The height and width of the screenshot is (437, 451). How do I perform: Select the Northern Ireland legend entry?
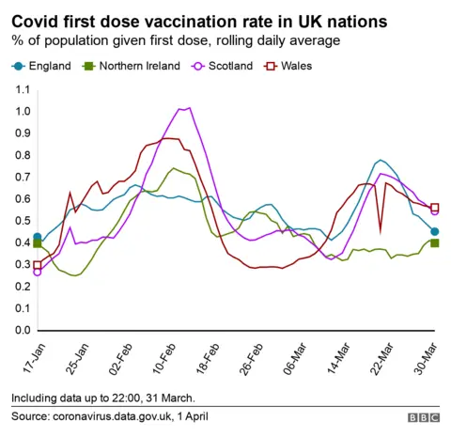128,66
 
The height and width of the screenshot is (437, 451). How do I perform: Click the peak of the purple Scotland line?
189,108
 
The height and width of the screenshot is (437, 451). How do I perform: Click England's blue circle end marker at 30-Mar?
434,232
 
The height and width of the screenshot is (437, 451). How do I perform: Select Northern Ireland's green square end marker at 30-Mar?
434,243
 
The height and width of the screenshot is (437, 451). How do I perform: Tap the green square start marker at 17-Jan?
37,243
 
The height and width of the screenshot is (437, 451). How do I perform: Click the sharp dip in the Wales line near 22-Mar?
381,230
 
